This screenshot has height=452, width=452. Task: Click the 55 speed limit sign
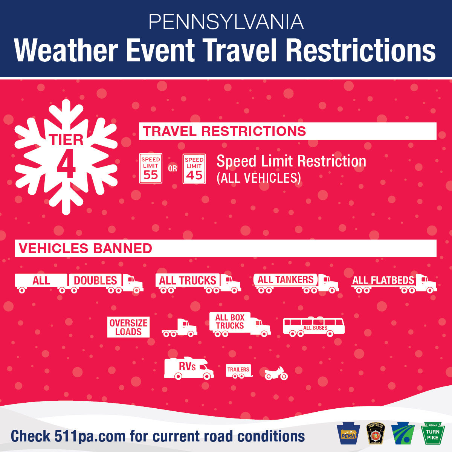(x=151, y=168)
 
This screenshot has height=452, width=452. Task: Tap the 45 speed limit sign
(x=194, y=169)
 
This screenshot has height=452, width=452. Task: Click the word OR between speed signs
(x=173, y=169)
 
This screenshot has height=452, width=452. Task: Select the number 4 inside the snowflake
(x=66, y=164)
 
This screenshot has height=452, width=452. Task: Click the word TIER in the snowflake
(x=66, y=140)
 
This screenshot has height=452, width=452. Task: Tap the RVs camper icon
(x=188, y=368)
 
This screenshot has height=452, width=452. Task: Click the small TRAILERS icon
(x=238, y=371)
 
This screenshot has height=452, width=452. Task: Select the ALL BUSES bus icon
(x=314, y=326)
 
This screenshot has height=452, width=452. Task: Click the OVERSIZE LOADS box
(x=128, y=327)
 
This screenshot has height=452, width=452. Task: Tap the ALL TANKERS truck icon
(x=296, y=283)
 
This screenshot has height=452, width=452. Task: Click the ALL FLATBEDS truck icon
(x=394, y=283)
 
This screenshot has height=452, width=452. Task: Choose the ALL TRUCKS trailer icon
(x=198, y=283)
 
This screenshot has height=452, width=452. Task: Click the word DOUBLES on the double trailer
(x=95, y=281)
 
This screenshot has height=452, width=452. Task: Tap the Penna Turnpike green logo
(x=433, y=433)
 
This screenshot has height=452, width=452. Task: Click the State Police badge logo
(x=376, y=433)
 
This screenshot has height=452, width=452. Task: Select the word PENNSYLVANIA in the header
(x=226, y=22)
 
